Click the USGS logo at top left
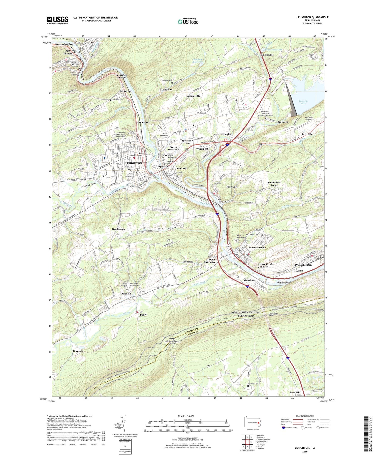[x=57, y=20]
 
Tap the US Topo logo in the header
[x=188, y=22]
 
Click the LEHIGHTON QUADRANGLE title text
[x=312, y=17]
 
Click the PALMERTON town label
[x=303, y=265]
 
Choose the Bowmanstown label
[x=257, y=248]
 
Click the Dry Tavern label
[x=118, y=229]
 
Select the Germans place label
[x=78, y=351]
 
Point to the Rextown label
[x=295, y=392]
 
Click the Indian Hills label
[x=193, y=96]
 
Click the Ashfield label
[x=126, y=294]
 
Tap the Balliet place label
[x=144, y=315]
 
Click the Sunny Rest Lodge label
[x=274, y=184]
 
